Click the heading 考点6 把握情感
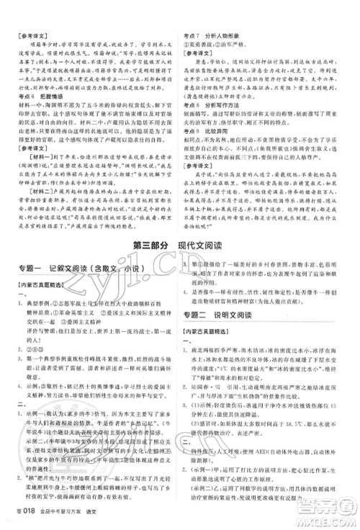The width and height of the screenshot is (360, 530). tap(42, 95)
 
